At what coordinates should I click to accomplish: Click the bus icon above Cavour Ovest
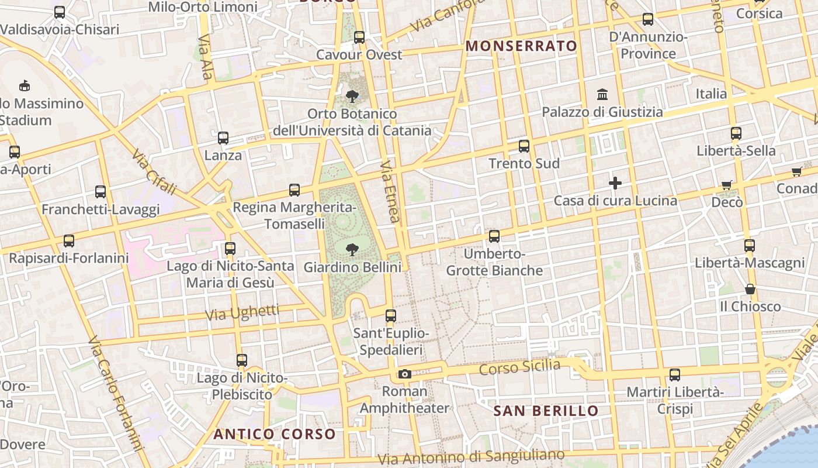(x=359, y=37)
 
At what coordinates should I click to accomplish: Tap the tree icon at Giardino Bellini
(x=352, y=250)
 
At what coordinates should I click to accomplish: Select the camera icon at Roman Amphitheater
(x=404, y=374)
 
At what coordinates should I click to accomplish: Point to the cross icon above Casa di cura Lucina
(x=615, y=184)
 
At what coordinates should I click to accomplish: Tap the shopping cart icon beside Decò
(x=727, y=185)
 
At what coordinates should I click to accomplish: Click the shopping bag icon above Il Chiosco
(x=750, y=289)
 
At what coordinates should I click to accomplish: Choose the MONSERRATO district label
(x=521, y=46)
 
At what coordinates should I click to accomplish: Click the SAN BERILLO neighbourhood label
(x=546, y=411)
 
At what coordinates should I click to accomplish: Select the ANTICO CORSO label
(x=275, y=434)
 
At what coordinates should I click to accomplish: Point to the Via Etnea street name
(x=390, y=192)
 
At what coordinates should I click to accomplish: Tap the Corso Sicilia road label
(x=519, y=367)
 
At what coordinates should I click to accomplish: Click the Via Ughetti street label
(x=242, y=313)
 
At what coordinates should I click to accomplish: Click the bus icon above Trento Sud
(x=524, y=146)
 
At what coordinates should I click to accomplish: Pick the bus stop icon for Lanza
(x=223, y=138)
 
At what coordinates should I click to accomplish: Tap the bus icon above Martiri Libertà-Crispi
(x=675, y=375)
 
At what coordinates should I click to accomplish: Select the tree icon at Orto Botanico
(x=352, y=96)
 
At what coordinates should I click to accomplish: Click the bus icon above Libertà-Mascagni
(x=750, y=246)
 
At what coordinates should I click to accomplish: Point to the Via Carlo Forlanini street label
(x=116, y=395)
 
